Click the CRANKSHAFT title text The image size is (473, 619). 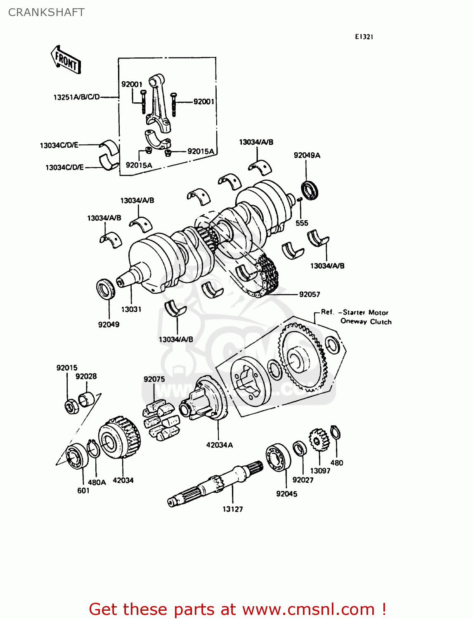[x=46, y=12]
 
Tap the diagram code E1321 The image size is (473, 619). [x=364, y=37]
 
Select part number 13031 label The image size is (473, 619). [x=131, y=309]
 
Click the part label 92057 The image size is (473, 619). [x=309, y=294]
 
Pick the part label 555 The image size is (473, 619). [x=302, y=223]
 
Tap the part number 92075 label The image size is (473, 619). [x=154, y=379]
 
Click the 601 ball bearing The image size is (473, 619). [x=77, y=456]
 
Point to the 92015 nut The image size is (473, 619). [x=72, y=406]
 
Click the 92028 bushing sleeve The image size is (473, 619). [x=88, y=399]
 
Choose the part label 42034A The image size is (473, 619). [x=219, y=445]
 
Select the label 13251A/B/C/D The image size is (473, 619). [x=76, y=97]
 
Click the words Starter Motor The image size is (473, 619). [x=365, y=312]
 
